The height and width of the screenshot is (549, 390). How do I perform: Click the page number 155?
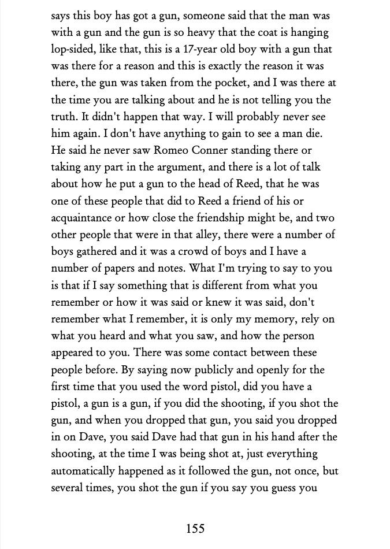(195, 528)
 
